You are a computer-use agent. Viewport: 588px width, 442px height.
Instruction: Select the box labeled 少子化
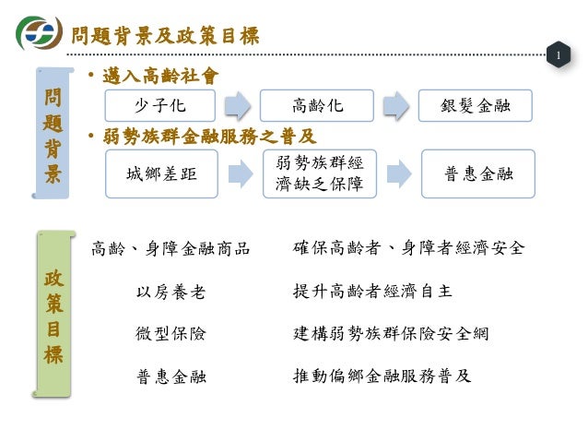pos(159,105)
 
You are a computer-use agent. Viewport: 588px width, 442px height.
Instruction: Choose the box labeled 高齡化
pos(317,105)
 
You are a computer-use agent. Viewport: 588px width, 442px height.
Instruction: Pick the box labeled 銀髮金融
pos(475,105)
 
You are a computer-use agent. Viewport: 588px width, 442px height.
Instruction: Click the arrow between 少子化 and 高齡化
pos(238,105)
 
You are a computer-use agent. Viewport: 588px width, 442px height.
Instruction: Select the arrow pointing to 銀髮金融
pos(395,105)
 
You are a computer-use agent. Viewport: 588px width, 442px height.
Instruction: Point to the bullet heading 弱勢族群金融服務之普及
pos(208,137)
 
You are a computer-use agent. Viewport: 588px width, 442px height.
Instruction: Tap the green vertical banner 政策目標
pos(53,315)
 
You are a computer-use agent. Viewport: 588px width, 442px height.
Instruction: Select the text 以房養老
pos(171,293)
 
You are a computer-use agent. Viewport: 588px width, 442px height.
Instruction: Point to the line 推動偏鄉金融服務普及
pos(382,376)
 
